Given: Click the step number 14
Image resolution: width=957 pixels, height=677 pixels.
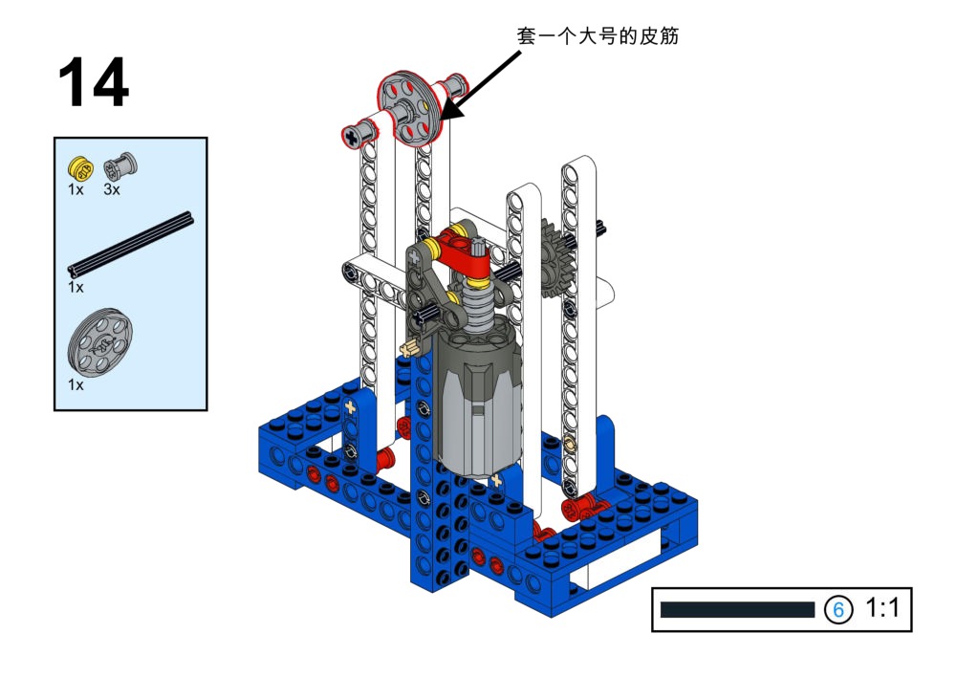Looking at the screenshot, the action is (94, 82).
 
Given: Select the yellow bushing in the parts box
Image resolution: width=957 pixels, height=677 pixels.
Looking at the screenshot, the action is (80, 167).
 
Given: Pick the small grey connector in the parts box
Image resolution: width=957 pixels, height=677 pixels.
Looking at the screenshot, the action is (120, 165).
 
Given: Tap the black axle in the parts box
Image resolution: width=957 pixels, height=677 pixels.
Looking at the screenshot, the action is (130, 244).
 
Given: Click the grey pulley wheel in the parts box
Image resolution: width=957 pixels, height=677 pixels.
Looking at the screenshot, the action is (99, 342).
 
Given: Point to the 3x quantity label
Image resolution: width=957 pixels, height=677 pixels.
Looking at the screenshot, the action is (112, 190).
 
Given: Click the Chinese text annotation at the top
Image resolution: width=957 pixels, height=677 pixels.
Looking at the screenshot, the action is (598, 36).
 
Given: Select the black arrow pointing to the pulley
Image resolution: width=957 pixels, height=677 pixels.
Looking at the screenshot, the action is (480, 85).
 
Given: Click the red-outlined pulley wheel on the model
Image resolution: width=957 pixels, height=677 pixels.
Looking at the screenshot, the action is (407, 109).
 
